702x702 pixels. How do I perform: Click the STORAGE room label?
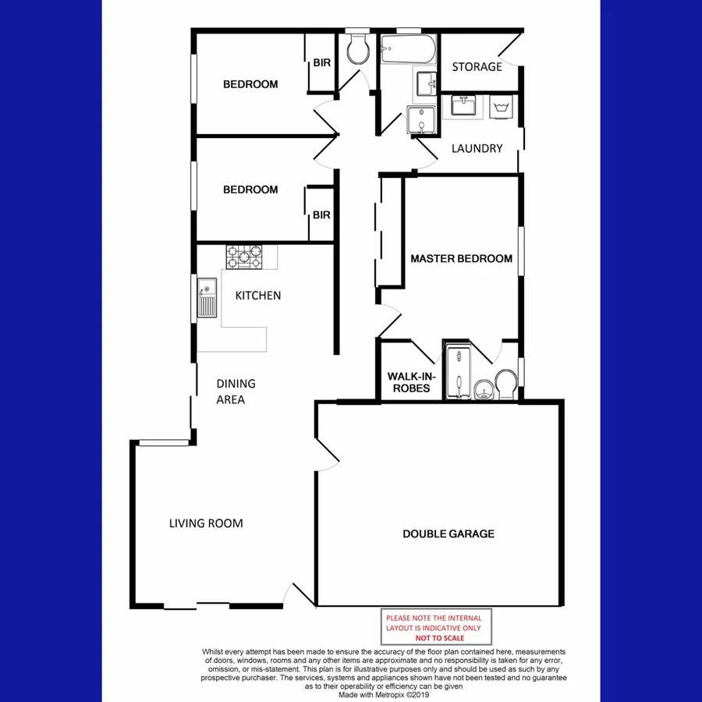pos(477,67)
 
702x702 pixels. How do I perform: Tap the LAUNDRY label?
pos(477,148)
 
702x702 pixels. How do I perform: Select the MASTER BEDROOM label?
pos(461,259)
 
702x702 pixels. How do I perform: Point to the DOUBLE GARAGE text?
pos(448,534)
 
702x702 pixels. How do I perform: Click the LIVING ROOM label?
pos(206,523)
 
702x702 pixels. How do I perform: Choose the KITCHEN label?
pos(258,296)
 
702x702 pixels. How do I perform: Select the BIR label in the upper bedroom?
pos(321,64)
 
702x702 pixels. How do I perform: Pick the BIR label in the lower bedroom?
pos(321,215)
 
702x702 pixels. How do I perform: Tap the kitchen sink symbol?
pos(207,298)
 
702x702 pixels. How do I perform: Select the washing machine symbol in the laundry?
pos(500,108)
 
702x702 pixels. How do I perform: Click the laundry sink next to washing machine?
pos(466,105)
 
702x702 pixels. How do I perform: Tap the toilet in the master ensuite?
pos(505,383)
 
